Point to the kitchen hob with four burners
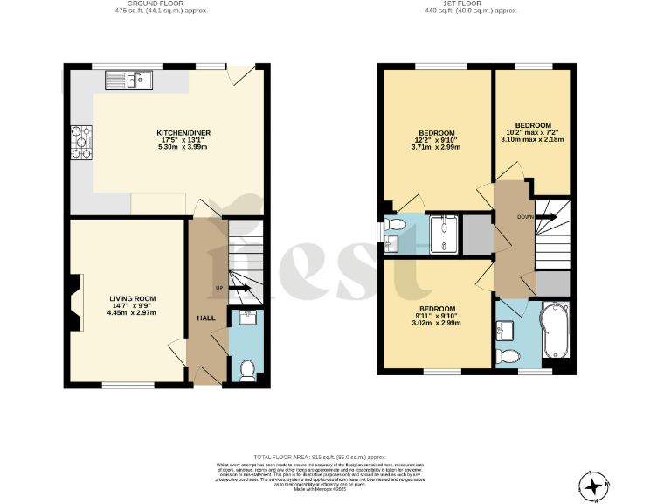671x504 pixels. tap(81, 143)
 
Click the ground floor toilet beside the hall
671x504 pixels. tap(247, 371)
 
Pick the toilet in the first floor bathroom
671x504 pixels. tap(508, 355)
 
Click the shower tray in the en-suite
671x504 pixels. tap(444, 234)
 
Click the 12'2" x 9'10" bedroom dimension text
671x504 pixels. tap(435, 141)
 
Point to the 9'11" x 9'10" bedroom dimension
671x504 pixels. tap(436, 317)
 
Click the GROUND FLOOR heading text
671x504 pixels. tap(161, 4)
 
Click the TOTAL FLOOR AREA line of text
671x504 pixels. tap(318, 457)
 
